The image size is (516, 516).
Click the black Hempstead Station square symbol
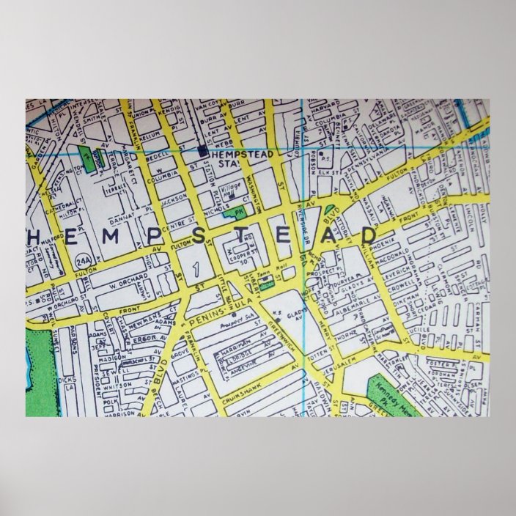click(203, 152)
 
